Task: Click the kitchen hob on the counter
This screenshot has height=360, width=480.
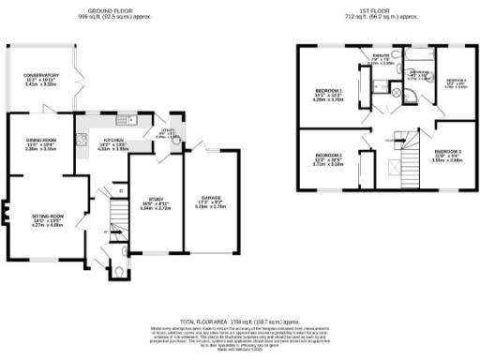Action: (82, 141)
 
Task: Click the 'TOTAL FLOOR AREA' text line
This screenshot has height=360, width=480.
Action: (240, 320)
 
